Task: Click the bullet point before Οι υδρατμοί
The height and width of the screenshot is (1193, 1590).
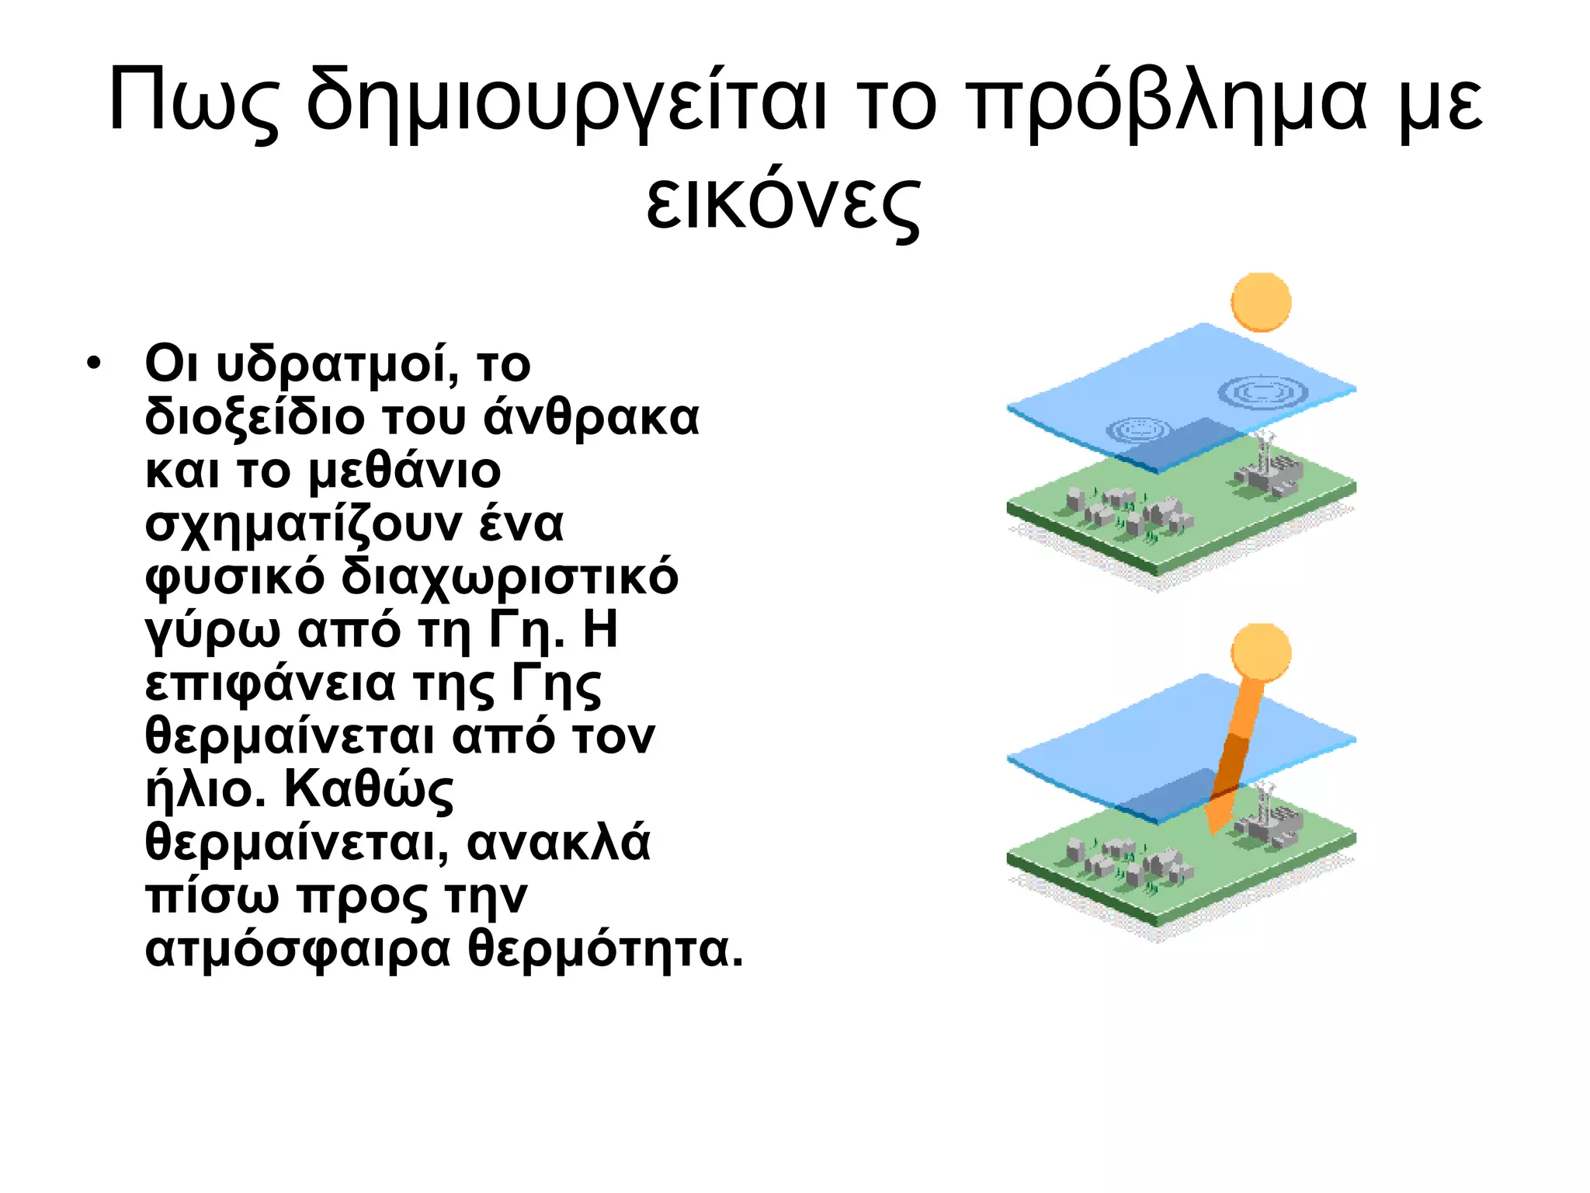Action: [x=94, y=363]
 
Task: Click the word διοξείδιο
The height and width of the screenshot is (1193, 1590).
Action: [x=255, y=418]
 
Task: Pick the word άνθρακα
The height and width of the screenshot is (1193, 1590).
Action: [x=592, y=418]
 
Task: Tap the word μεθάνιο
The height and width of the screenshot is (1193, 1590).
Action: [x=404, y=471]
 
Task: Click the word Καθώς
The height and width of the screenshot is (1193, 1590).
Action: [x=369, y=790]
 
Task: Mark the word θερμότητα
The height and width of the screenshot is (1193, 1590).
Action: [x=606, y=950]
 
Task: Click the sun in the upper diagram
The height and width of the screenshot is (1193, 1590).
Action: [x=1261, y=302]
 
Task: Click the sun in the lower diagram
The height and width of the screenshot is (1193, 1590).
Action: [x=1261, y=653]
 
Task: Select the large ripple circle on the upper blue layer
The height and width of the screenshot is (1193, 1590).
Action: [x=1262, y=392]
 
